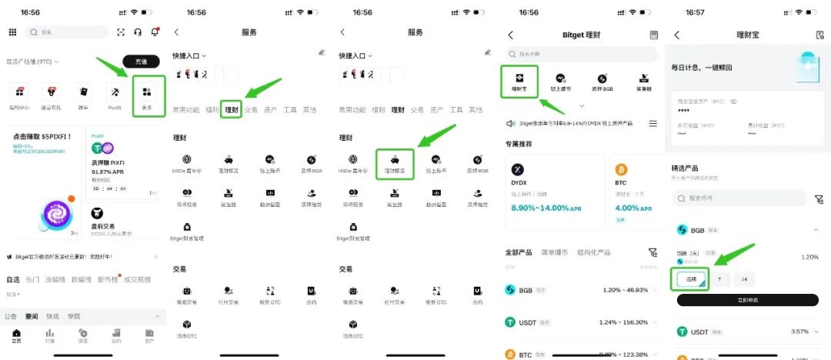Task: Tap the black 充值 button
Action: (x=141, y=61)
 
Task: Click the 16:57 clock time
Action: (x=695, y=12)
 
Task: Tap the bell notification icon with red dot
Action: (x=155, y=32)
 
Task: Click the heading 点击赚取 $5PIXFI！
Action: (x=42, y=136)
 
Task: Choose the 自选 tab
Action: (x=13, y=279)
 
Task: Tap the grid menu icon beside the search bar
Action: (x=12, y=32)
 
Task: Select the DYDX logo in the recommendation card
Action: (x=519, y=169)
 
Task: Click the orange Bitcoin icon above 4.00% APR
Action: (x=622, y=169)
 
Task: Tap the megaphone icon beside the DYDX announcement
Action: (x=510, y=124)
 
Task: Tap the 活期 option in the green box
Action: (x=690, y=279)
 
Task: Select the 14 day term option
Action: (x=744, y=279)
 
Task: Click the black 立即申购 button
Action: (x=747, y=300)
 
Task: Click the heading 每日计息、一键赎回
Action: (x=703, y=68)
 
